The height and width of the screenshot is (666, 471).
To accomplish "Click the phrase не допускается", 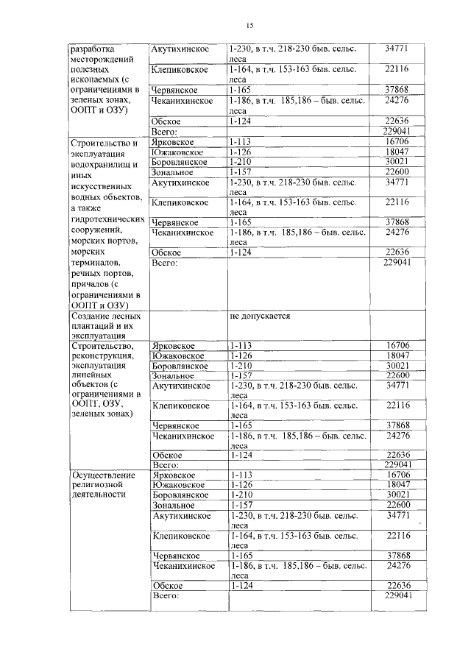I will click(261, 316).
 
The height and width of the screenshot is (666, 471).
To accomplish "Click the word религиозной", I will click(97, 486).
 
